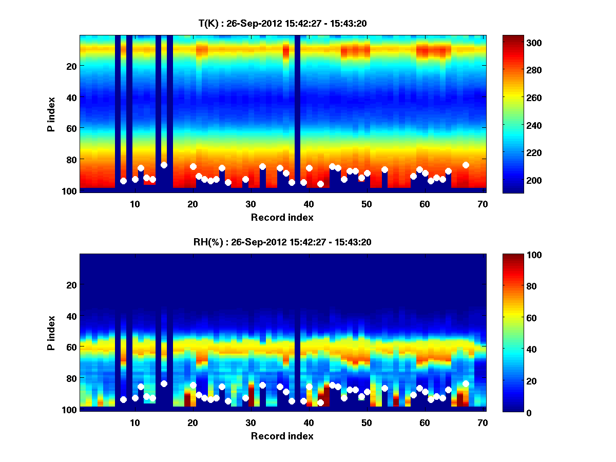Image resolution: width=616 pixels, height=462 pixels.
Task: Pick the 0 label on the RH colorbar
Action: point(511,412)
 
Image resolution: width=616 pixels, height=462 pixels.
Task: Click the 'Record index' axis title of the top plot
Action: point(282,217)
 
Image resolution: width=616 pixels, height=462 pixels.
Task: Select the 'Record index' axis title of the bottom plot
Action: point(282,436)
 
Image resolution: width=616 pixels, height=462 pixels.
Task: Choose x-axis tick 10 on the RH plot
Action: point(134,422)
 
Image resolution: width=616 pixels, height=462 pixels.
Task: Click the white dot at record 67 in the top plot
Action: point(466,165)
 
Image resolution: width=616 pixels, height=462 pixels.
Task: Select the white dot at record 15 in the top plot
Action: point(164,165)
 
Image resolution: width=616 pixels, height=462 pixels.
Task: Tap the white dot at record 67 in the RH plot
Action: point(466,383)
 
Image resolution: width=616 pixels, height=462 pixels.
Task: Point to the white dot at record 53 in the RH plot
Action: point(384,388)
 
